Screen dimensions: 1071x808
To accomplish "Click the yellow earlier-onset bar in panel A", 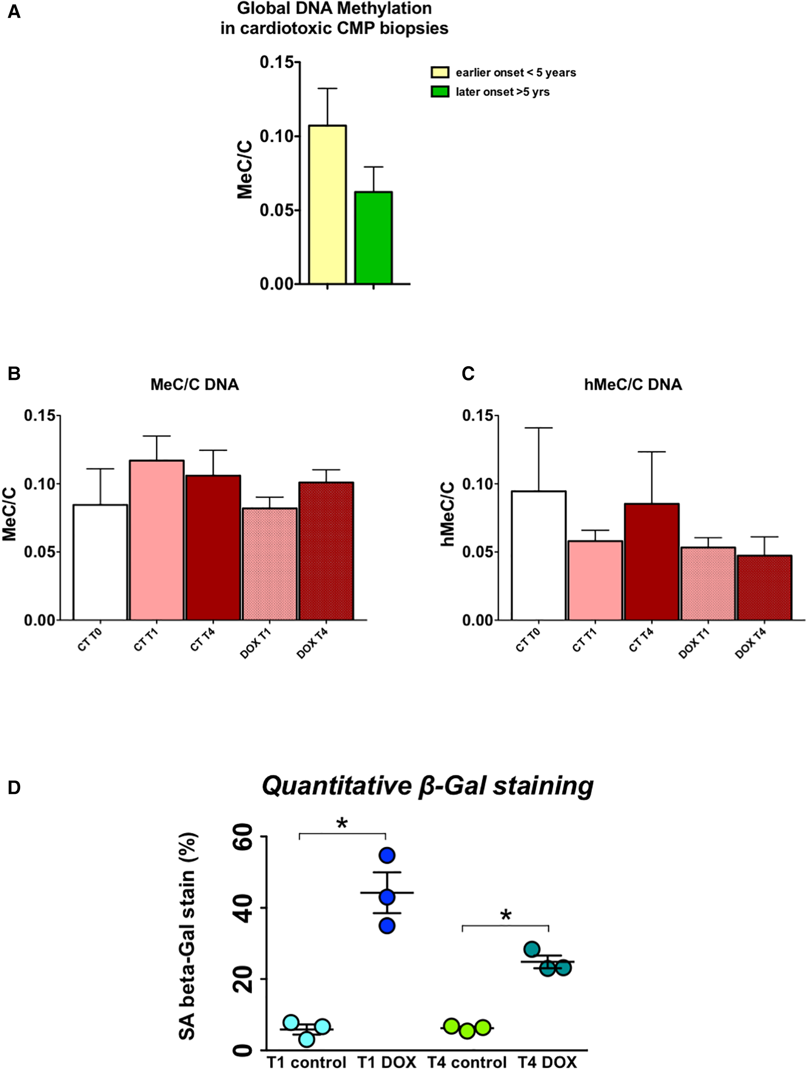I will pyautogui.click(x=327, y=204).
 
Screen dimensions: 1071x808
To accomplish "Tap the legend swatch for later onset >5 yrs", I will pyautogui.click(x=440, y=91).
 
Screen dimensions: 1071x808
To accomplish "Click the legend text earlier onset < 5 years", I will pyautogui.click(x=515, y=73).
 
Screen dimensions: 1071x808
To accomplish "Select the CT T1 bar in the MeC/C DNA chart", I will pyautogui.click(x=157, y=540).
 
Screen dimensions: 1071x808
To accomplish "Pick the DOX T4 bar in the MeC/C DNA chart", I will pyautogui.click(x=326, y=551).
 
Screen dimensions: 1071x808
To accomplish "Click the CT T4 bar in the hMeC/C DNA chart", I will pyautogui.click(x=651, y=561).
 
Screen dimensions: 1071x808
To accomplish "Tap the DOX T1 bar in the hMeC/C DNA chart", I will pyautogui.click(x=708, y=583).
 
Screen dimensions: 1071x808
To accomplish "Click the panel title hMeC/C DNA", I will pyautogui.click(x=633, y=384).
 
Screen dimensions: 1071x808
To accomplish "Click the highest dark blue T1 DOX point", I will pyautogui.click(x=387, y=855).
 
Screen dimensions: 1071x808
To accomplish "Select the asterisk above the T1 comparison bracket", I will pyautogui.click(x=342, y=823).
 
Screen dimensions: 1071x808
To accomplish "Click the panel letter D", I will pyautogui.click(x=14, y=788).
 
